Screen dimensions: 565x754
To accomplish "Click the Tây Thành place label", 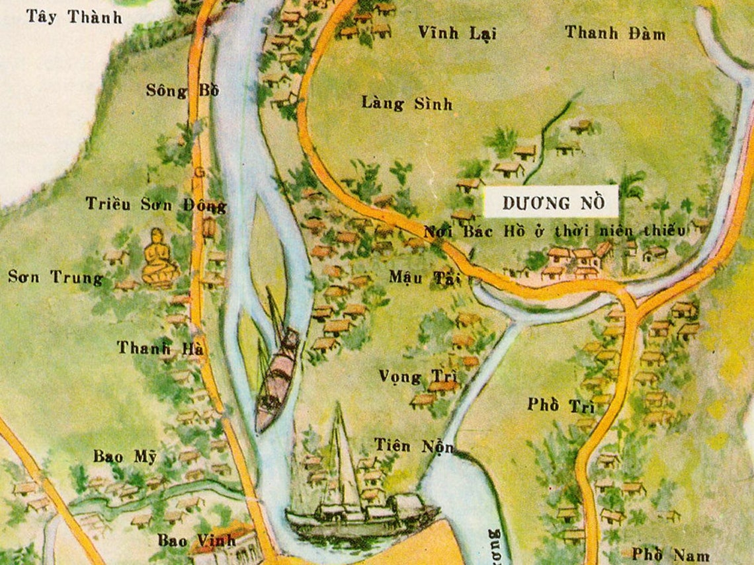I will (74, 17).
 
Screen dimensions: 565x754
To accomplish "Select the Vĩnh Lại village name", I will (457, 33).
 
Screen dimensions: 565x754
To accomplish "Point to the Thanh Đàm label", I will (614, 33).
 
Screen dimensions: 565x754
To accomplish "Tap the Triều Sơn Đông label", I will (156, 206).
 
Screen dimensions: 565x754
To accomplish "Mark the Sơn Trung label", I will (56, 278).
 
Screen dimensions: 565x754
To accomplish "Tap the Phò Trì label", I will (561, 406).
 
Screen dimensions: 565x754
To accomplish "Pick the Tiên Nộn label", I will (414, 446).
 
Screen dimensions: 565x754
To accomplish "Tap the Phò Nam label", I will (661, 554).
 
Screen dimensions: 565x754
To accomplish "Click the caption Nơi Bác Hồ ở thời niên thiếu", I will (554, 231).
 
